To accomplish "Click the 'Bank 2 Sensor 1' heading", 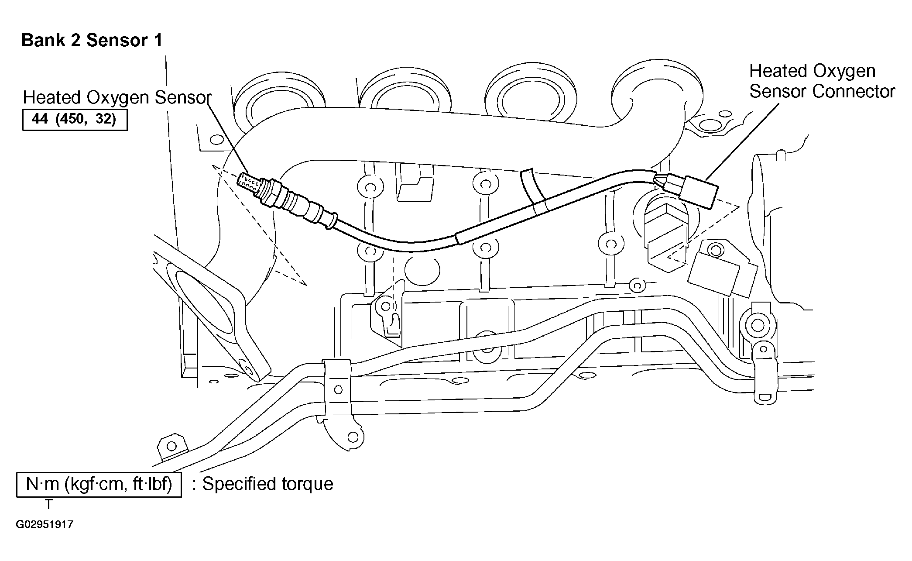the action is [x=92, y=41].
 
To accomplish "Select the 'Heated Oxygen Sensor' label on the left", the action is [x=117, y=97].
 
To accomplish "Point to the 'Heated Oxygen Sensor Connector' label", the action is [x=822, y=81].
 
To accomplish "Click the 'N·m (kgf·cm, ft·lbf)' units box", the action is [x=99, y=484].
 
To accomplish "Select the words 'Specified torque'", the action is [x=267, y=484].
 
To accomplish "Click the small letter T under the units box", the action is [x=49, y=505].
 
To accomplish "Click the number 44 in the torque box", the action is [x=40, y=119].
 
